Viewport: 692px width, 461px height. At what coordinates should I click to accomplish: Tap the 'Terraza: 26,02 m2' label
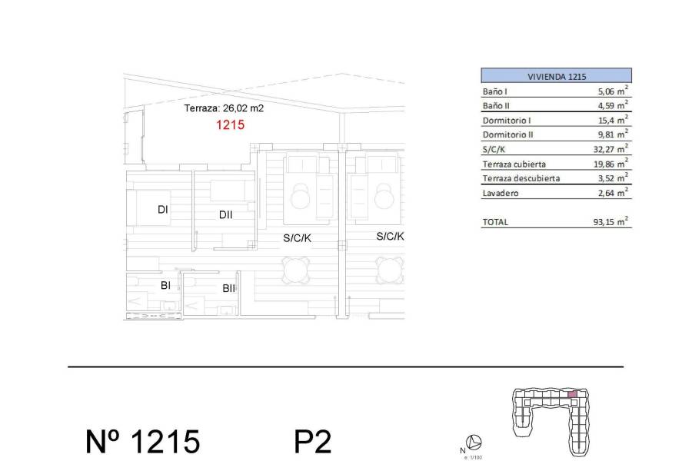click(224, 108)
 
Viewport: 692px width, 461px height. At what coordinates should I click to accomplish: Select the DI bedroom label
click(163, 209)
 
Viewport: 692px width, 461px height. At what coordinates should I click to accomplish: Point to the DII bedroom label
click(225, 215)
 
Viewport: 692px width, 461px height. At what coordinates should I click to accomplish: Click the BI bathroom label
click(165, 285)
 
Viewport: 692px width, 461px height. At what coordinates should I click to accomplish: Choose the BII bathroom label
click(228, 289)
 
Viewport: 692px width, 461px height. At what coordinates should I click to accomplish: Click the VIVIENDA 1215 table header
click(556, 76)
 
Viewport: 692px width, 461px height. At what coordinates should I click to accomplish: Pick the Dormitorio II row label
click(508, 134)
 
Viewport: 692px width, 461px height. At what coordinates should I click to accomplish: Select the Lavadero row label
click(500, 193)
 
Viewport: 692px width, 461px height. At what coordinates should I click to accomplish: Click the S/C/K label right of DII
click(298, 239)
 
